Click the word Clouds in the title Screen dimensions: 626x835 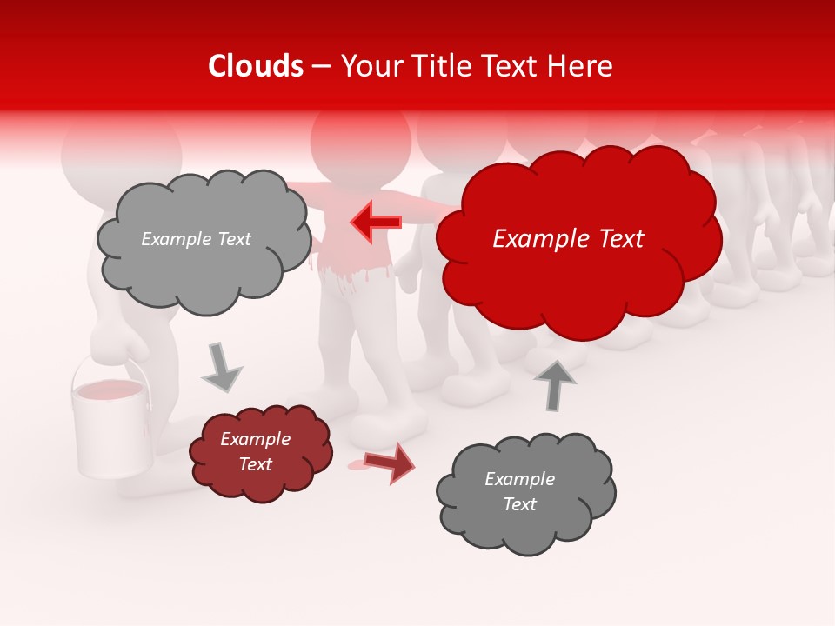click(256, 66)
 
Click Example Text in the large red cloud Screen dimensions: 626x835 click(568, 239)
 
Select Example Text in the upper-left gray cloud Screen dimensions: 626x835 click(196, 239)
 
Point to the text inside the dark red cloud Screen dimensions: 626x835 click(256, 451)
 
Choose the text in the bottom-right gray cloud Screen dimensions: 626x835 click(520, 491)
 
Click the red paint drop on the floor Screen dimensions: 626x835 click(357, 466)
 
